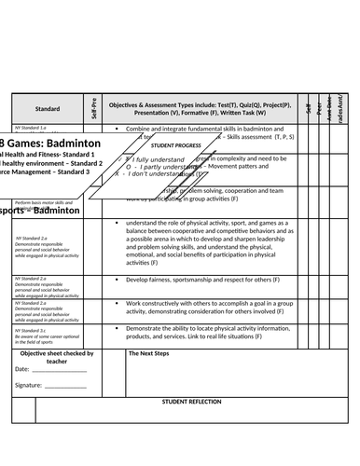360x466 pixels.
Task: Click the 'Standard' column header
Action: pyautogui.click(x=48, y=108)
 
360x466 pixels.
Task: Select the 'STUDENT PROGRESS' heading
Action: pyautogui.click(x=177, y=146)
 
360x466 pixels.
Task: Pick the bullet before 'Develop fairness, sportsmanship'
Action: pyautogui.click(x=116, y=279)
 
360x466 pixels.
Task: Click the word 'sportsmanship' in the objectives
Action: pyautogui.click(x=203, y=279)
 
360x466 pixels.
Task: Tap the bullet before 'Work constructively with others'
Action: pyautogui.click(x=116, y=304)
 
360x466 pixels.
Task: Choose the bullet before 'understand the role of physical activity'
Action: pyautogui.click(x=116, y=224)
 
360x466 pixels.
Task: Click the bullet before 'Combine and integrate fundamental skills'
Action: pyautogui.click(x=116, y=128)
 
